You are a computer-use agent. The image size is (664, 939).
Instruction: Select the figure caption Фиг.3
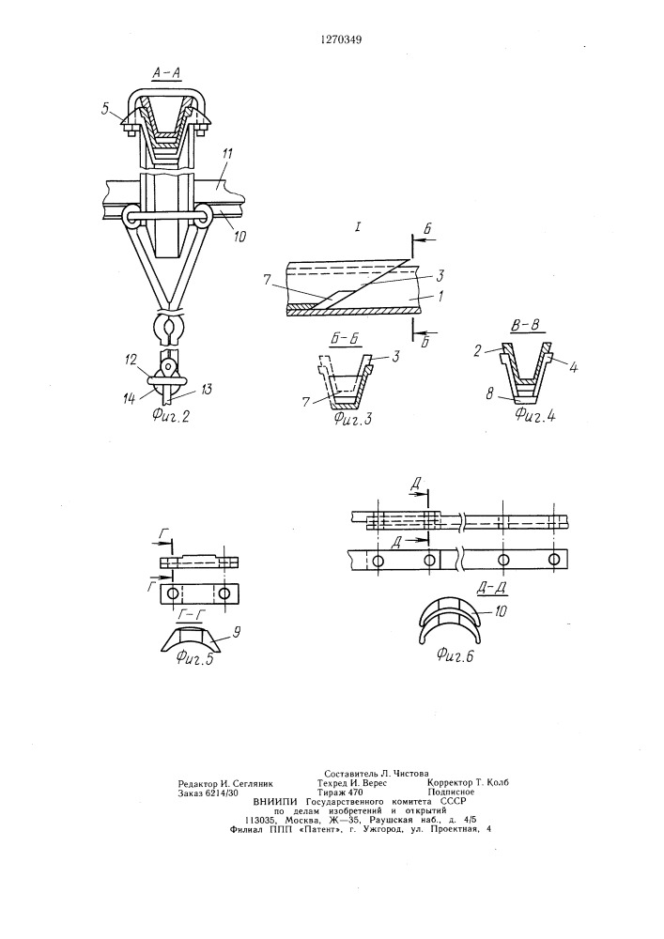coord(352,419)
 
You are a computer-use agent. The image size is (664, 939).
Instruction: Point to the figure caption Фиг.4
coord(535,415)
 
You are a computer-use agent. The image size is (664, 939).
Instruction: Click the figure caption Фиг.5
coord(194,659)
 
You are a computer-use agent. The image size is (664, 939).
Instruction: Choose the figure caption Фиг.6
coord(456,656)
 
